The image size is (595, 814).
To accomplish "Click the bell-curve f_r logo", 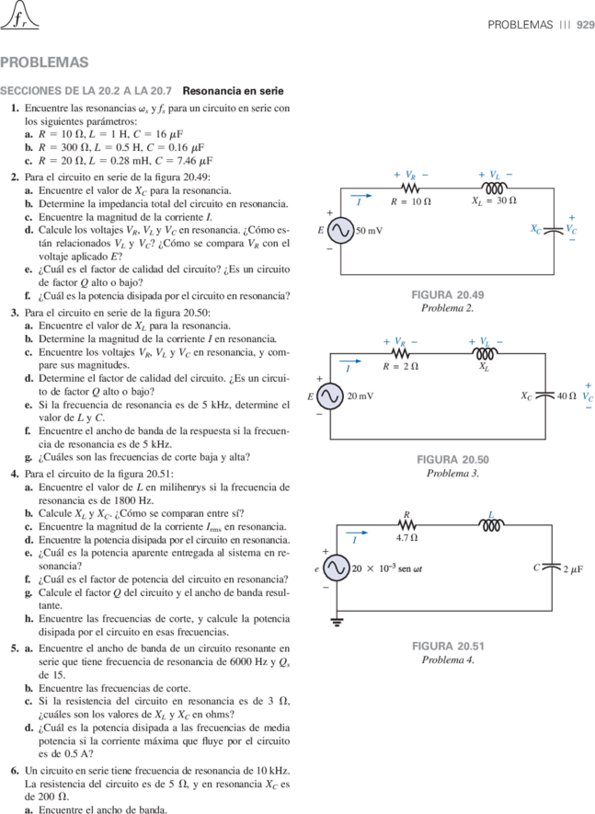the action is tap(19, 15).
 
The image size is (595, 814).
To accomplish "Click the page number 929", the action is tap(585, 25).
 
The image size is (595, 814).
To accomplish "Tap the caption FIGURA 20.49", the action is tap(448, 295).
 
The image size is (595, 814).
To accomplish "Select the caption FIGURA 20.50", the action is tap(452, 460).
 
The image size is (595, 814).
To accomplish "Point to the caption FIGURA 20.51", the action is tap(448, 647).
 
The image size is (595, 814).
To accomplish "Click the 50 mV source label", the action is tap(369, 231).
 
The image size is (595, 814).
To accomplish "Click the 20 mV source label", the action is tap(360, 396).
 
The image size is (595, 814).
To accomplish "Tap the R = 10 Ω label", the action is tap(411, 201).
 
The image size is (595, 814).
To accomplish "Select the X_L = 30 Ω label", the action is tap(494, 201).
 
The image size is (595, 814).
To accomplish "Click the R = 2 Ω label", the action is tap(401, 366).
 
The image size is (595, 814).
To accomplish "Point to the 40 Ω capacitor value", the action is tap(566, 396).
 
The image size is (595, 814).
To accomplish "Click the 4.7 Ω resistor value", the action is tap(406, 538).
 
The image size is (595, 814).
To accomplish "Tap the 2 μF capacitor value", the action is tap(573, 569).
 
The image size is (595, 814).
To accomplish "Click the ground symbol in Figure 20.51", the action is tap(337, 622).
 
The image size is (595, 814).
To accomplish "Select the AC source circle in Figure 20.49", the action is tap(340, 231).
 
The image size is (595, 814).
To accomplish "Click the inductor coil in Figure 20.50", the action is tap(485, 353).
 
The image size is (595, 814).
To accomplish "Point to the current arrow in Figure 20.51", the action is tap(356, 533).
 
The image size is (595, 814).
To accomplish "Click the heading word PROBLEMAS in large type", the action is tap(44, 63).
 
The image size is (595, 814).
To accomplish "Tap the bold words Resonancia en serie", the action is tap(233, 91).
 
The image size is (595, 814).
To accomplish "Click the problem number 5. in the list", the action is tap(15, 648).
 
